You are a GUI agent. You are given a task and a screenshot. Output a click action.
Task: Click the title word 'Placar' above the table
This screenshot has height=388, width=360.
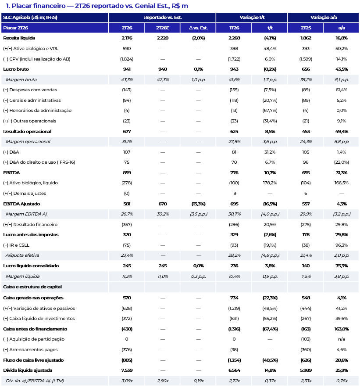coord(22,6)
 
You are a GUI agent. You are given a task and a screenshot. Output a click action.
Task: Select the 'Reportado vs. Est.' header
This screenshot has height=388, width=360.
coord(162,17)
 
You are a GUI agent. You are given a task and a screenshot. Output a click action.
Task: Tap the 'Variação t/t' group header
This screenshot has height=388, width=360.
coord(252,17)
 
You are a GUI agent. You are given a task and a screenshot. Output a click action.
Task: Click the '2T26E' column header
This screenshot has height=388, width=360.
coord(162,28)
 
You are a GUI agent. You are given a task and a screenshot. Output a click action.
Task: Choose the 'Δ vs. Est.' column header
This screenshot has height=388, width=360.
coord(198,28)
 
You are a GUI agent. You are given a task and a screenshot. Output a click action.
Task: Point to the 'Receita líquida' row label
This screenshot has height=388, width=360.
coord(19,38)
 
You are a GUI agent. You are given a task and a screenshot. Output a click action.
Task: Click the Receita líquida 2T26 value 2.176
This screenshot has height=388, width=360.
coord(127,38)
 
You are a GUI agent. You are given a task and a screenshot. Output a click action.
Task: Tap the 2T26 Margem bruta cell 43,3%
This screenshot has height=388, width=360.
coord(127,80)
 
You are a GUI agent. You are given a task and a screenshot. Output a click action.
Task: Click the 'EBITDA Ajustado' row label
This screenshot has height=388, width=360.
coord(21,204)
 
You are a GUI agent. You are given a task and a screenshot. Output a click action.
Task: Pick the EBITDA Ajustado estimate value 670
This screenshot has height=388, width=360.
coord(162,204)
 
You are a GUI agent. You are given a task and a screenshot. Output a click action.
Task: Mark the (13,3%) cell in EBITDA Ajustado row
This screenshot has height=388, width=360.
coord(198,204)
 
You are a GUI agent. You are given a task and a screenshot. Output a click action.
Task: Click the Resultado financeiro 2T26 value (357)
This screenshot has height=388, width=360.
coord(127,224)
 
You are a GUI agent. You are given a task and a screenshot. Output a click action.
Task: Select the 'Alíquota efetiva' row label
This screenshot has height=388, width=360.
coord(22,255)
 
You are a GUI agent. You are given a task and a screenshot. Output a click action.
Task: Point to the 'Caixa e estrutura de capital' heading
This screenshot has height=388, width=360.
coord(32,287)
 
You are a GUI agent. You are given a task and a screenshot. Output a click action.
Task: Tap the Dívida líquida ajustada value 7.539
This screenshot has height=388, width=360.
coord(127,370)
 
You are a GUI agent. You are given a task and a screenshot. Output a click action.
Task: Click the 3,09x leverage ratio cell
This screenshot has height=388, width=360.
coord(127,381)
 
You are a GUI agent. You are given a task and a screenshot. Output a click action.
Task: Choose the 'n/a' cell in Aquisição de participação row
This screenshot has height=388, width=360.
coord(342,339)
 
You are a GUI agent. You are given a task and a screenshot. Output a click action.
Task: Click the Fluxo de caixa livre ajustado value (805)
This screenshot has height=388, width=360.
coord(127,360)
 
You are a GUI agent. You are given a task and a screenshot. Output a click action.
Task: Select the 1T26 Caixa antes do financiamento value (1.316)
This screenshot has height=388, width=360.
coord(234,329)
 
